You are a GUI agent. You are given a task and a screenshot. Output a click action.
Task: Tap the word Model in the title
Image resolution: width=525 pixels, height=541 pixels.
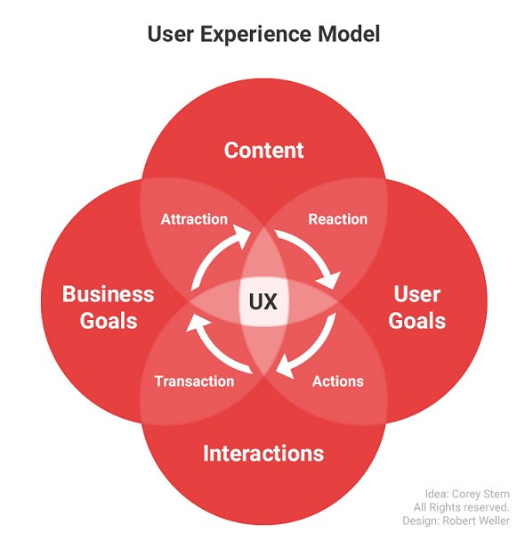point(349,34)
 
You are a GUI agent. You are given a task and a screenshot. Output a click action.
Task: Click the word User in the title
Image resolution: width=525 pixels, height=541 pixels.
point(171,34)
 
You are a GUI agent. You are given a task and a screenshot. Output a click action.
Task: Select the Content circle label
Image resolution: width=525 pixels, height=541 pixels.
point(264,151)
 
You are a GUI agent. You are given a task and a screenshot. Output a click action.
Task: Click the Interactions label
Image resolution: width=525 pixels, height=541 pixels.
point(263,453)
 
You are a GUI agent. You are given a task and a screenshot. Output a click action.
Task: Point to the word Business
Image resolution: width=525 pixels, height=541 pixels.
point(109,294)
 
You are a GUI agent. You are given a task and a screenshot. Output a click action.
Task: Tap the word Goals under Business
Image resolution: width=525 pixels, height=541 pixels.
point(109,321)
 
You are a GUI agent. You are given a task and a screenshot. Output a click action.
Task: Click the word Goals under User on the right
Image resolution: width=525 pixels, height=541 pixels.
point(416,321)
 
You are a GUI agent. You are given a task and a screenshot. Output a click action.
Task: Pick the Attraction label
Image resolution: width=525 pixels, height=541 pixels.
point(194,219)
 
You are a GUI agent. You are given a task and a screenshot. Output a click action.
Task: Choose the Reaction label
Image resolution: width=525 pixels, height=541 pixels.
point(338,219)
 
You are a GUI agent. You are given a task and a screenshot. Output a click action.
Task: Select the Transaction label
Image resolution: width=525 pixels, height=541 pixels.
point(195,381)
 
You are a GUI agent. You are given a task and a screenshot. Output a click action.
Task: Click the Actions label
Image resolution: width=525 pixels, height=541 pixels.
point(338,381)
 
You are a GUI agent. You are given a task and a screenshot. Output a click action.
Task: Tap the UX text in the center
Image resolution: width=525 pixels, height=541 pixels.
point(263,301)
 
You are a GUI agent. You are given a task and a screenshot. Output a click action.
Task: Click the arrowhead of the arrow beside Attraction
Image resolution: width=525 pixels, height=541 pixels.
point(242,234)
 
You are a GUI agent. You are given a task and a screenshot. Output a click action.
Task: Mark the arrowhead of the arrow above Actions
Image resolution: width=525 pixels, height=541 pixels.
point(286,367)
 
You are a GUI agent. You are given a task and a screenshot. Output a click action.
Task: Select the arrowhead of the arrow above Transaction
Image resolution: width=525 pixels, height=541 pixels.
point(197,324)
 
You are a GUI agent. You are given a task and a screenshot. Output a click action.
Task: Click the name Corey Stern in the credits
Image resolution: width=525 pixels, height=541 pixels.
point(481,494)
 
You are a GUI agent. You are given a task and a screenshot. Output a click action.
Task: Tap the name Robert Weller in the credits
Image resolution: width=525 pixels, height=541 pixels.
point(476,521)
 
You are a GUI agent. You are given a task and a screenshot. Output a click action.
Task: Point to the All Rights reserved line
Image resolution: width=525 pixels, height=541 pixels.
point(461,507)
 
